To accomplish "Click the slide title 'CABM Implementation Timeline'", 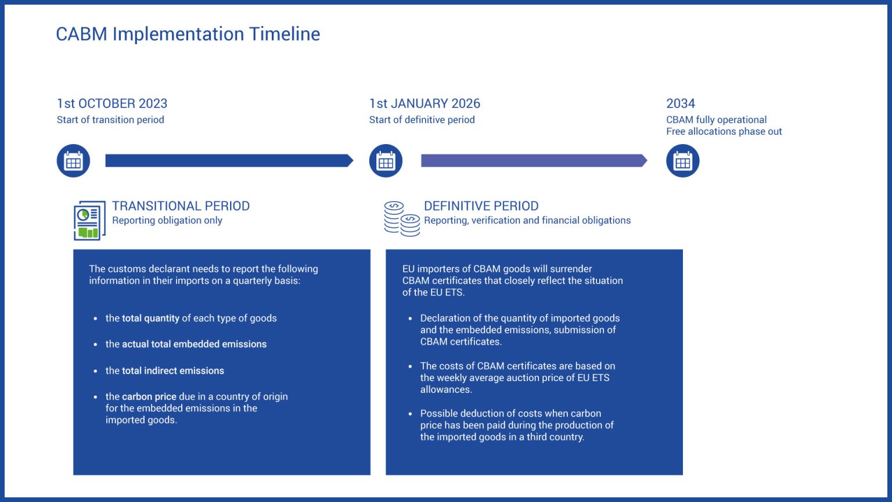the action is point(188,34).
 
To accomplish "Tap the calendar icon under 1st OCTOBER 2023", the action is point(73,160).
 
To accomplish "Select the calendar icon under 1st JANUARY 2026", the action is point(386,160).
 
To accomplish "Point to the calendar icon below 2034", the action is point(682,160).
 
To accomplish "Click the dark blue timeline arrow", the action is point(229,160).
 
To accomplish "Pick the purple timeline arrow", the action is point(534,160).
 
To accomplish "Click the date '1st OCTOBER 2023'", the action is point(112,103).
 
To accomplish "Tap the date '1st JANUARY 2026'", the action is point(425,103).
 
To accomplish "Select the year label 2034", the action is point(681,103).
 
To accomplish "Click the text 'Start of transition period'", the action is point(110,120).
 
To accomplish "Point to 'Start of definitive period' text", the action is point(422,120).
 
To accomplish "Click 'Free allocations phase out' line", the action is point(724,131).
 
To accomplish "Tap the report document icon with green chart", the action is point(89,220).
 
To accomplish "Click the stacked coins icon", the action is point(402,218).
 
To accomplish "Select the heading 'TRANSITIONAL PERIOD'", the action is point(181,206).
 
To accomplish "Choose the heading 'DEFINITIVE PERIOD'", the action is point(481,206).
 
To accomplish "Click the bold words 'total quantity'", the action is point(150,318).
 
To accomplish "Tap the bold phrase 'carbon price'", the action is point(149,397).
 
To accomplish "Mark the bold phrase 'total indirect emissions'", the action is point(173,371).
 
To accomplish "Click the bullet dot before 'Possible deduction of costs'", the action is point(410,414).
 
